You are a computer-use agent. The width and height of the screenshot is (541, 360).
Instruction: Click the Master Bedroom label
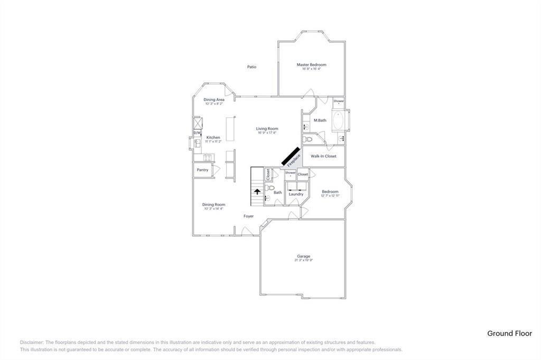[x=311, y=65]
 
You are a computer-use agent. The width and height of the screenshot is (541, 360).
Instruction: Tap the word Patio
[x=251, y=67]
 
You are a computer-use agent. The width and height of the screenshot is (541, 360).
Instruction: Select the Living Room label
[x=267, y=129]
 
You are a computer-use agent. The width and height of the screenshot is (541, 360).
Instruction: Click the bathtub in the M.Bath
[x=338, y=121]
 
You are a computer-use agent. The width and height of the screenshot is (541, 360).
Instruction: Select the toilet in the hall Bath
[x=270, y=187]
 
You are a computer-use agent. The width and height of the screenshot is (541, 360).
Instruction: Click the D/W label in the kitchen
[x=197, y=133]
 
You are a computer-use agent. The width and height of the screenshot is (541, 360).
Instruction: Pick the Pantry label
[x=202, y=170]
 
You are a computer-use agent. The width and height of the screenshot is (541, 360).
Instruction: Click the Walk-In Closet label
[x=323, y=156]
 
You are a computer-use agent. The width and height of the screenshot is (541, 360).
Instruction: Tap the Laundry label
[x=296, y=194]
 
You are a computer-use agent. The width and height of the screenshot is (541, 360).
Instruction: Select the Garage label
[x=303, y=257]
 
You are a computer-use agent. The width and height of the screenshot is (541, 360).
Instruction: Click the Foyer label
[x=248, y=216]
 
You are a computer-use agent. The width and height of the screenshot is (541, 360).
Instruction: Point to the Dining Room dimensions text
[x=213, y=209]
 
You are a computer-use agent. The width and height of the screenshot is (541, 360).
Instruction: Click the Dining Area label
[x=214, y=99]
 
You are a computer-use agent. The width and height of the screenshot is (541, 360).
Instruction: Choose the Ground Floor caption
[x=509, y=333]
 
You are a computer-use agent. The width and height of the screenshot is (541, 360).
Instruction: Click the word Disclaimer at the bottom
[x=32, y=342]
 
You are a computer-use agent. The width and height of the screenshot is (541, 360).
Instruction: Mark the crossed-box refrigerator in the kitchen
[x=197, y=123]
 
